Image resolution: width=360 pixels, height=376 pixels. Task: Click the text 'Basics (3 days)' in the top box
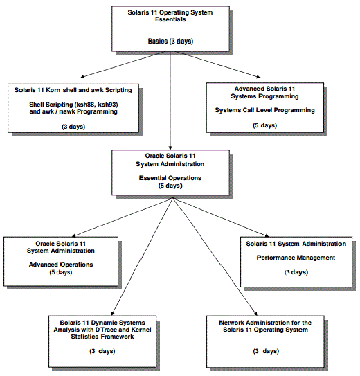point(170,42)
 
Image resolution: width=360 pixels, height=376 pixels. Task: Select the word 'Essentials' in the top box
point(170,19)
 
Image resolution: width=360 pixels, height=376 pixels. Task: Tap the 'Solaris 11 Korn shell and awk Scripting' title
point(73,90)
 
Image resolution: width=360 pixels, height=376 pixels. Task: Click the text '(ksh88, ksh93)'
point(96,105)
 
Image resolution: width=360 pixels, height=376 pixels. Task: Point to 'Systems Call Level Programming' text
point(265,110)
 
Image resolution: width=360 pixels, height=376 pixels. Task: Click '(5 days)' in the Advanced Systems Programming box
point(265,125)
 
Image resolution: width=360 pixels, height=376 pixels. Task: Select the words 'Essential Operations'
point(170,178)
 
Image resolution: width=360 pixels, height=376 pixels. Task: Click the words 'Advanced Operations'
point(61,265)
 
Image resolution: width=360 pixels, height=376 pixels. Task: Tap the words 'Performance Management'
point(296,258)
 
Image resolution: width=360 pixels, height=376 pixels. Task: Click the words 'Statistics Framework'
point(102,337)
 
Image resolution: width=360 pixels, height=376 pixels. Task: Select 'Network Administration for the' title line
point(265,323)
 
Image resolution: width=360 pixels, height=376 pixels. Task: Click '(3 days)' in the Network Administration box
point(266,351)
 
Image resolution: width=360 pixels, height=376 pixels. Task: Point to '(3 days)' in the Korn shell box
point(73,127)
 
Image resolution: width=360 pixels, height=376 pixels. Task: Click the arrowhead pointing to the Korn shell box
point(82,77)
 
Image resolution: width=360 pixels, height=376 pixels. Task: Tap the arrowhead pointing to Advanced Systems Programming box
point(258,77)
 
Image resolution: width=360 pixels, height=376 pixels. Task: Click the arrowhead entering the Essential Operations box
point(170,147)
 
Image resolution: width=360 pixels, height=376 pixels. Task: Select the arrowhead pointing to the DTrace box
point(112,313)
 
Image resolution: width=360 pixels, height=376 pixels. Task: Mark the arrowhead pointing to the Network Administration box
point(255,314)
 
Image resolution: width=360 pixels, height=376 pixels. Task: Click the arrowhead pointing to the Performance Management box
point(267,235)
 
